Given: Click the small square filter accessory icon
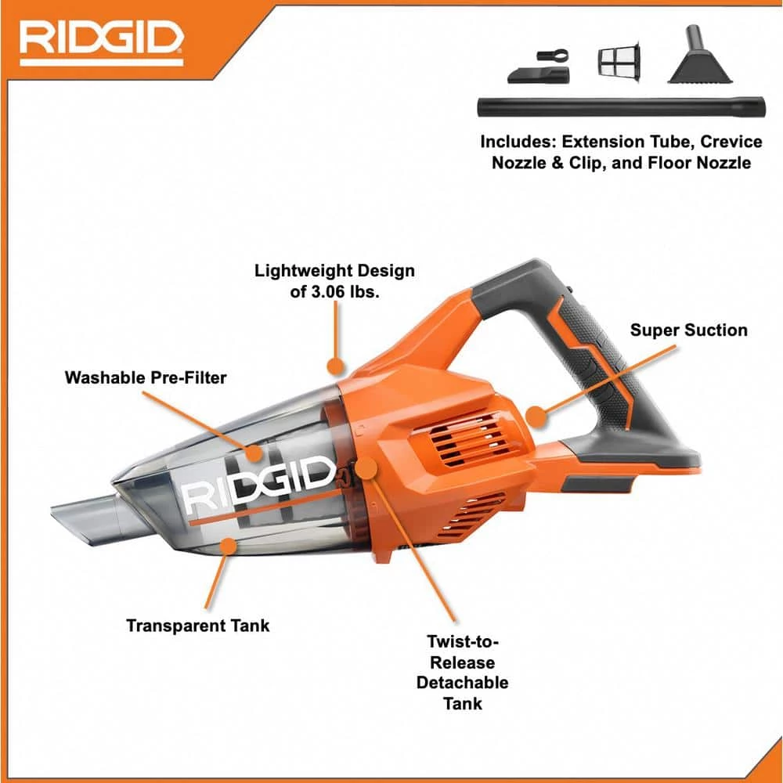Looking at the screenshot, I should click(619, 61).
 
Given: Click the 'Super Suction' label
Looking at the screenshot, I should click(688, 330).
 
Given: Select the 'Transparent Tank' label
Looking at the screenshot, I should click(197, 625).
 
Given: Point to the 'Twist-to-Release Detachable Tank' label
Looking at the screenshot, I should click(462, 672).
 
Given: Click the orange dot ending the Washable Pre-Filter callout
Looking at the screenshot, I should click(253, 453).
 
